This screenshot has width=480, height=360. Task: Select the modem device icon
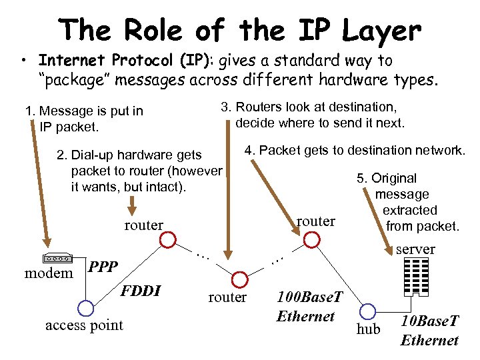pyautogui.click(x=57, y=259)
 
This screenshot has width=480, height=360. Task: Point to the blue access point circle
pyautogui.click(x=85, y=308)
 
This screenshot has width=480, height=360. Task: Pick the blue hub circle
pyautogui.click(x=367, y=310)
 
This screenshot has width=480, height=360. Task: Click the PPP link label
pyautogui.click(x=103, y=267)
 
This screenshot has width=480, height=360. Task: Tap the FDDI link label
pyautogui.click(x=141, y=290)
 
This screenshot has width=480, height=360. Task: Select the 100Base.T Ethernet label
pyautogui.click(x=306, y=306)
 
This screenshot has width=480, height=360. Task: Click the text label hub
pyautogui.click(x=368, y=329)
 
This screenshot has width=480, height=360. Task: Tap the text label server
pyautogui.click(x=415, y=249)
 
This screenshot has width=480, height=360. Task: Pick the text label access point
pyautogui.click(x=84, y=325)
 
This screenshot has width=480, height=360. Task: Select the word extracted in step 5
pyautogui.click(x=409, y=211)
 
